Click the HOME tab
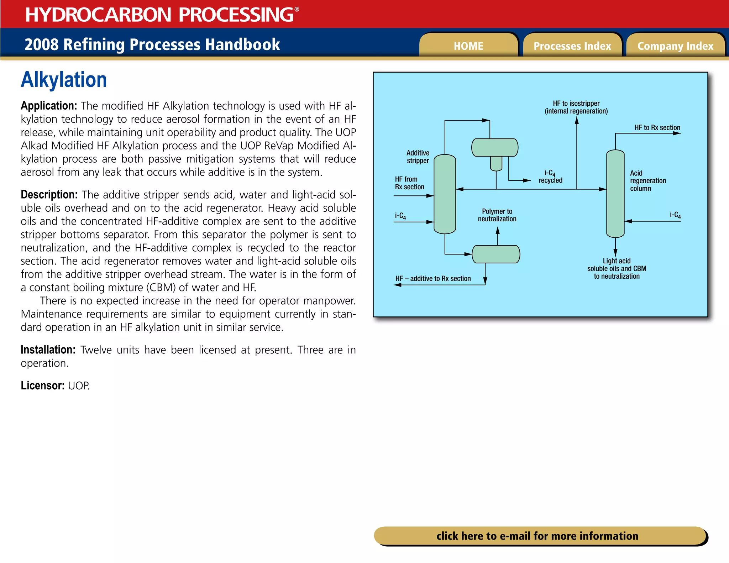pos(468,46)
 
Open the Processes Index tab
pos(572,46)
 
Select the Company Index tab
pos(675,46)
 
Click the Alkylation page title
pos(64,80)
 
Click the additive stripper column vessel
pos(445,194)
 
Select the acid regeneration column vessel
pos(615,194)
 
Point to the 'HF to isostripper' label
pos(576,107)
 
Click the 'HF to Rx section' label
pos(657,127)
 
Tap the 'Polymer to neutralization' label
pos(497,215)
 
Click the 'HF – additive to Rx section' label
pos(433,278)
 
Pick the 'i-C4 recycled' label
pos(550,177)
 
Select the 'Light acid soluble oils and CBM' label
pos(617,268)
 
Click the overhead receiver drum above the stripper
pos(495,148)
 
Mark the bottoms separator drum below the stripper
pos(496,254)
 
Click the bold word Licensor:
pos(42,385)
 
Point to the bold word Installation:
pos(48,350)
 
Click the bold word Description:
pos(49,195)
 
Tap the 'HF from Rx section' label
pos(409,183)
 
